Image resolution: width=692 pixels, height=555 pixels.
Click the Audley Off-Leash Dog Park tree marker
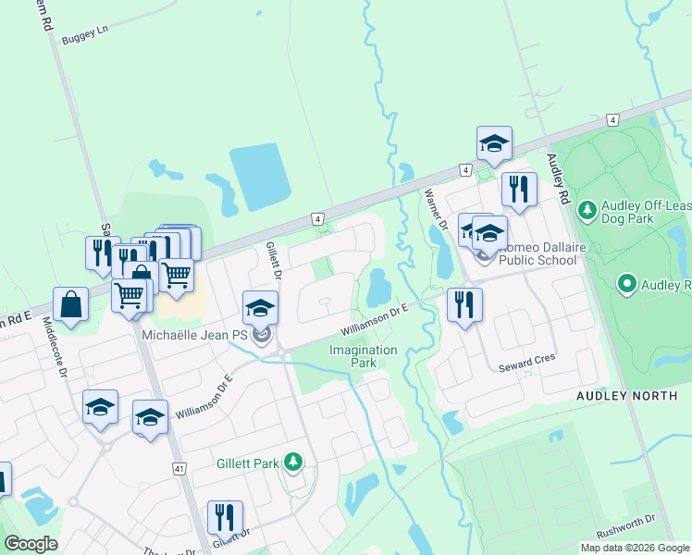coord(587,211)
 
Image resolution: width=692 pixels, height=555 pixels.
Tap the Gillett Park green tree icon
coord(293,462)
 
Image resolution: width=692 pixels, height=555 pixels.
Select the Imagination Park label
coord(364,356)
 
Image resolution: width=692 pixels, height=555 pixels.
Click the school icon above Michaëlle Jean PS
coord(261,307)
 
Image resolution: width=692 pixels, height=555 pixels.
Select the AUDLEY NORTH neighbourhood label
coord(627,396)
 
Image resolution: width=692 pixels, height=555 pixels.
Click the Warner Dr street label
coord(435,209)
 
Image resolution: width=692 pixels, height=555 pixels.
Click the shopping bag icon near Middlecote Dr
coord(70,304)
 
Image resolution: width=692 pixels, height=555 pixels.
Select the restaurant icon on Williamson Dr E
coord(464,304)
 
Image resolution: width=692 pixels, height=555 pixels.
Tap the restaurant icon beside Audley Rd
coord(519,190)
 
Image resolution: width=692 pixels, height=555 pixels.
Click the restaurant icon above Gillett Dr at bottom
coord(225,518)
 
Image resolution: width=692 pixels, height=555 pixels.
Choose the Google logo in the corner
coord(31,544)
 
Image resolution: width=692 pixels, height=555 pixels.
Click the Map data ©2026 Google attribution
coord(635,548)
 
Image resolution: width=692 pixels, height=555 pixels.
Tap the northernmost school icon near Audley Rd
coord(495,143)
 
